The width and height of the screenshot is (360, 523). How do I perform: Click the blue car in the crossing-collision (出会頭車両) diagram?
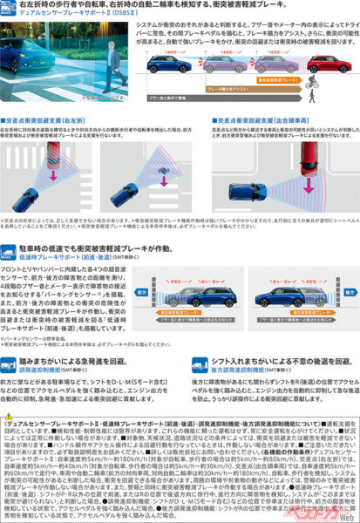pos(244,191)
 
